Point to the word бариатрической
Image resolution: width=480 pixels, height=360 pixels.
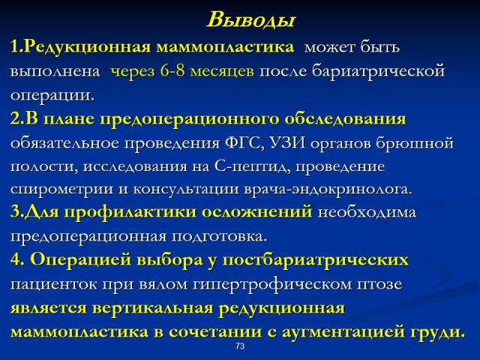point(378,72)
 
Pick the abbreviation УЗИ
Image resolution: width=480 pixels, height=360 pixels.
point(288,143)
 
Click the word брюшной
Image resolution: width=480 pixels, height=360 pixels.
point(415,143)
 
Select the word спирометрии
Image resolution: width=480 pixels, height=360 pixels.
point(61,190)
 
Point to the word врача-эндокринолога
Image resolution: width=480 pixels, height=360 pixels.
point(328,190)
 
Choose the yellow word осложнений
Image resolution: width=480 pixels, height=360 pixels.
point(257,211)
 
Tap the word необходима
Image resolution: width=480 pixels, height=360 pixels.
point(367,212)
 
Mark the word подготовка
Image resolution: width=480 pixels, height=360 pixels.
point(219,237)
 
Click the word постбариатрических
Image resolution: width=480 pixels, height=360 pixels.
point(315,260)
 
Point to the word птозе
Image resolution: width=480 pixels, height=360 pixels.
point(379,285)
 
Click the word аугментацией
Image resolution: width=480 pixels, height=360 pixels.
point(343,332)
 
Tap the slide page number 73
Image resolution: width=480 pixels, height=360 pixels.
point(240,346)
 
